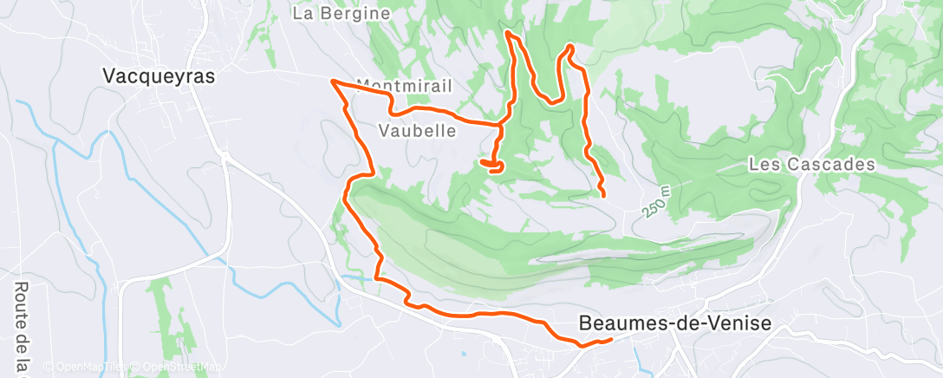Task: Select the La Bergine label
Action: [x=341, y=14]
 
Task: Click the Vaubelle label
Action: [x=418, y=130]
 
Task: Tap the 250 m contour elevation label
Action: [x=658, y=201]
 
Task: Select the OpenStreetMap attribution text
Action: [x=173, y=367]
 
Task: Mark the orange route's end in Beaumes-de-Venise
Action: [x=611, y=339]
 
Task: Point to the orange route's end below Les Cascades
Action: [x=603, y=196]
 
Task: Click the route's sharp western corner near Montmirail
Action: [x=332, y=81]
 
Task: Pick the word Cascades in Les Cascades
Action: [x=833, y=164]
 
